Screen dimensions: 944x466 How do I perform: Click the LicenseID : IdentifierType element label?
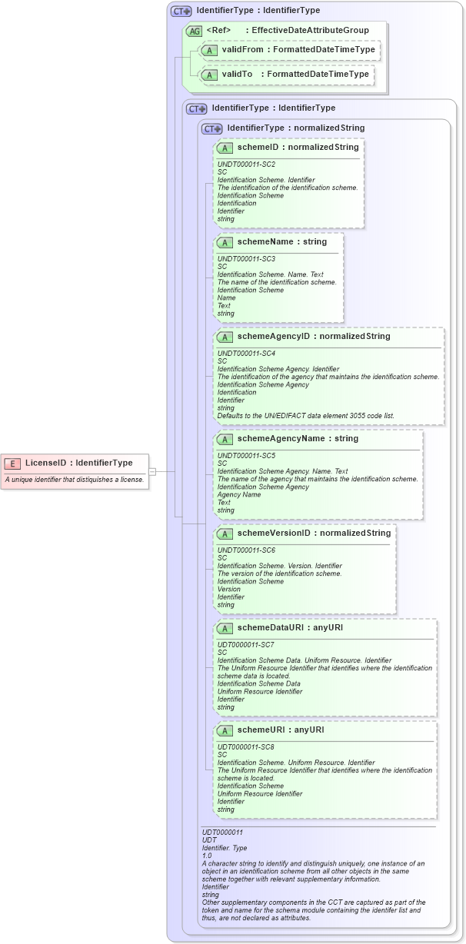click(78, 463)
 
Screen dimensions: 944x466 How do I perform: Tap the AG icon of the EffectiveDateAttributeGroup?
click(195, 31)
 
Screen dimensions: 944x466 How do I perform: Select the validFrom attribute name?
click(242, 50)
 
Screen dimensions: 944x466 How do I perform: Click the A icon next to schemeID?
click(225, 147)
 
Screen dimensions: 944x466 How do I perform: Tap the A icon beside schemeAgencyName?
click(225, 439)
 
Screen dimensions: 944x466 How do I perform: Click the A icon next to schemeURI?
click(225, 730)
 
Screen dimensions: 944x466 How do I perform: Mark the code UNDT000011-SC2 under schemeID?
click(246, 165)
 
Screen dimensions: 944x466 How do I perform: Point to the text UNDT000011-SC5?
click(246, 455)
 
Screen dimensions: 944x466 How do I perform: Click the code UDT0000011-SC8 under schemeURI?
click(246, 746)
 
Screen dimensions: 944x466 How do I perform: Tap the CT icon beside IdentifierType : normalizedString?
click(211, 128)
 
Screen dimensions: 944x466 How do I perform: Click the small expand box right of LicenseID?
click(152, 471)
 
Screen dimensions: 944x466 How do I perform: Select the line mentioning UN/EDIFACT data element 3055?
click(306, 416)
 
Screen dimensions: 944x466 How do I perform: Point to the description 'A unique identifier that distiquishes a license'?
click(75, 480)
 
